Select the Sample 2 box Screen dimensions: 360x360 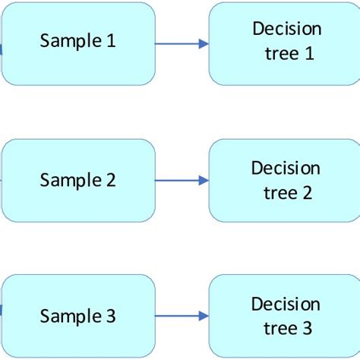tap(78, 181)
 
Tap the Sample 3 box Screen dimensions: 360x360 tap(78, 316)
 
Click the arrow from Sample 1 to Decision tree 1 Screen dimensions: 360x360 tap(182, 44)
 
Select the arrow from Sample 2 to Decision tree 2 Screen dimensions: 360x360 tap(182, 181)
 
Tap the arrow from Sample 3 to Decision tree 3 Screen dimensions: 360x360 tap(182, 316)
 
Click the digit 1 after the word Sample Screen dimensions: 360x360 tap(111, 41)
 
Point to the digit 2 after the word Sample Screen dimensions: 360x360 tap(111, 181)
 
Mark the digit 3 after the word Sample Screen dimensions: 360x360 tap(111, 315)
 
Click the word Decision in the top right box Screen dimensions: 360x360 tap(286, 30)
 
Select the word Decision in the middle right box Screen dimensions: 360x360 tap(286, 168)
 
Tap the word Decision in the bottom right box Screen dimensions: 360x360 tap(286, 304)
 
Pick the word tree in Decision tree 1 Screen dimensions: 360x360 tap(278, 54)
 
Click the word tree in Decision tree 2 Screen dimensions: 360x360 tap(278, 192)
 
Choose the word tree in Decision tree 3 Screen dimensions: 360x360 tap(278, 328)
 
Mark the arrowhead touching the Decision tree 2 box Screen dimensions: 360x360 tap(204, 181)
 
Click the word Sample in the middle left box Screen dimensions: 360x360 tap(71, 181)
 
